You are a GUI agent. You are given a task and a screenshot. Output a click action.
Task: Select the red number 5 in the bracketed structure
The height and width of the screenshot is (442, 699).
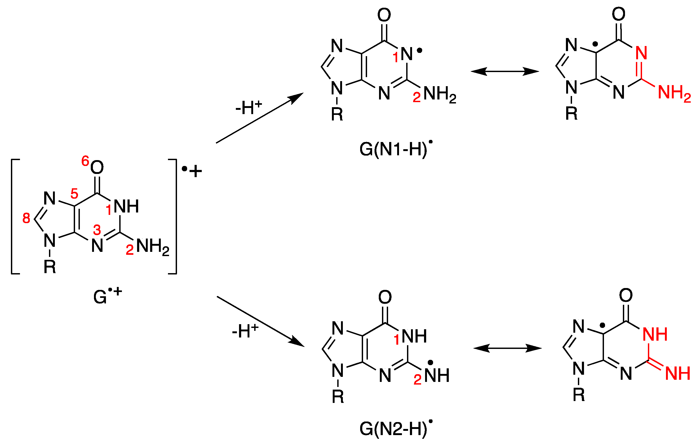pyautogui.click(x=74, y=193)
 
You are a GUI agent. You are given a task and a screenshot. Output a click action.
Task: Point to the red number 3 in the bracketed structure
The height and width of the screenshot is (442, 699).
pyautogui.click(x=97, y=230)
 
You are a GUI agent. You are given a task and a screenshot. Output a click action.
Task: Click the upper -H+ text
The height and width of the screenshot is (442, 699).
pyautogui.click(x=248, y=108)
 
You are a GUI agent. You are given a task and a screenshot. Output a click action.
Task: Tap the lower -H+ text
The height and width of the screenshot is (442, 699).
pyautogui.click(x=245, y=331)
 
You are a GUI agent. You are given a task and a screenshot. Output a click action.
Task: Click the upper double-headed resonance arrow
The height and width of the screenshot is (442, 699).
pyautogui.click(x=504, y=71)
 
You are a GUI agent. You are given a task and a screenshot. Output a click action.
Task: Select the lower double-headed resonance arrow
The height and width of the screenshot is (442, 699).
pyautogui.click(x=507, y=348)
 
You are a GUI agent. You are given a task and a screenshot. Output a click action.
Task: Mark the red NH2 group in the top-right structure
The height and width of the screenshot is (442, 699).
pyautogui.click(x=674, y=93)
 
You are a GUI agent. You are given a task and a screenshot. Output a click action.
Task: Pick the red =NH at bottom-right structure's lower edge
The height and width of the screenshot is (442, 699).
pyautogui.click(x=677, y=373)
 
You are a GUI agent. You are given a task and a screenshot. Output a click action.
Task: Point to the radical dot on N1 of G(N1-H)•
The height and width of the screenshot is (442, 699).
pyautogui.click(x=420, y=51)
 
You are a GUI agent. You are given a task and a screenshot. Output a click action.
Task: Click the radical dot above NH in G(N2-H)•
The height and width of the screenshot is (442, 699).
pyautogui.click(x=430, y=362)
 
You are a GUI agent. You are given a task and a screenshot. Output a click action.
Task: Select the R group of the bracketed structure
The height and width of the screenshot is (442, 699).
pyautogui.click(x=50, y=267)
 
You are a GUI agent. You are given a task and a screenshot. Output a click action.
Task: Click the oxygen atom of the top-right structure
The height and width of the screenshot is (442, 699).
pyautogui.click(x=619, y=14)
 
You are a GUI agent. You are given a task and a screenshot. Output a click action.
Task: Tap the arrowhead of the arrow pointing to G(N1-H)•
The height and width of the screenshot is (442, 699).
pyautogui.click(x=298, y=97)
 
